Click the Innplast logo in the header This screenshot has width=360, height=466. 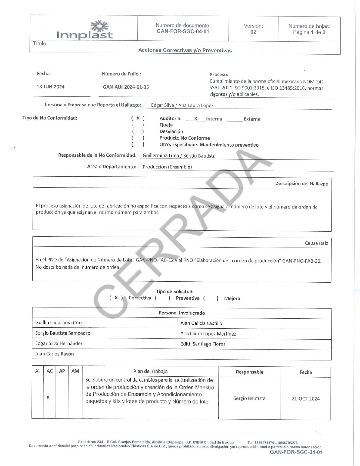pyautogui.click(x=85, y=30)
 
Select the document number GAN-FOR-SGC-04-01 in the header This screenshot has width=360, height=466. pyautogui.click(x=183, y=31)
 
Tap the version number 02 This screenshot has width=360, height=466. pyautogui.click(x=253, y=32)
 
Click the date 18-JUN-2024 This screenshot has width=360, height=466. pyautogui.click(x=50, y=87)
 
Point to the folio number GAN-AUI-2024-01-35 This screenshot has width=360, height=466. pyautogui.click(x=126, y=87)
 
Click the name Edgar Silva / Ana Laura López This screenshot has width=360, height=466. pyautogui.click(x=182, y=105)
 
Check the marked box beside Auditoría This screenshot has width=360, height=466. pyautogui.click(x=138, y=118)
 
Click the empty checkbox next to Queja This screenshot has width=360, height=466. pyautogui.click(x=138, y=125)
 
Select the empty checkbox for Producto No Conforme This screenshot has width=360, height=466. pyautogui.click(x=138, y=138)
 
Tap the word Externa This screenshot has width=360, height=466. pyautogui.click(x=252, y=119)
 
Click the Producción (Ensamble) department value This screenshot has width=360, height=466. pyautogui.click(x=167, y=167)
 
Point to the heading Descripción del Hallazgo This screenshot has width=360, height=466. pyautogui.click(x=301, y=183)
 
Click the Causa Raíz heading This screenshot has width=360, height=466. pyautogui.click(x=316, y=243)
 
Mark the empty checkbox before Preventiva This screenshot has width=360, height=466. pyautogui.click(x=162, y=298)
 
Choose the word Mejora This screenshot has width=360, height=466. pyautogui.click(x=232, y=298)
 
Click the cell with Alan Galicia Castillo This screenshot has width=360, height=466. pyautogui.click(x=201, y=323)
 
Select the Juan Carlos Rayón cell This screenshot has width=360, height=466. pyautogui.click(x=54, y=354)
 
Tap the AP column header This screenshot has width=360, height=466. pyautogui.click(x=62, y=371)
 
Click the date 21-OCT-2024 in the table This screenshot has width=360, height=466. pyautogui.click(x=305, y=398)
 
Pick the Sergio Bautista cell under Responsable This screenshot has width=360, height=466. pyautogui.click(x=249, y=398)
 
